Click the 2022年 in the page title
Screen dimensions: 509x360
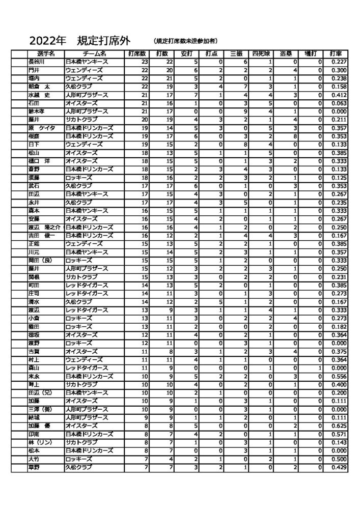[x=47, y=40]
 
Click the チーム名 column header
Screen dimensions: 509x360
[x=95, y=53]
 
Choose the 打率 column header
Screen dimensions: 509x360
[x=335, y=53]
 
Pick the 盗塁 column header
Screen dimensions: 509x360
[x=286, y=53]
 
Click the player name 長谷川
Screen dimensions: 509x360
[x=37, y=62]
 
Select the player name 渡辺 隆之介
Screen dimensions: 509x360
[x=45, y=227]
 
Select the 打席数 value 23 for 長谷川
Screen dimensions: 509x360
[x=145, y=62]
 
